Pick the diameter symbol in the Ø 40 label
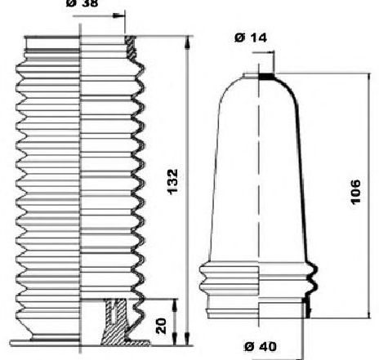pos(248,346)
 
